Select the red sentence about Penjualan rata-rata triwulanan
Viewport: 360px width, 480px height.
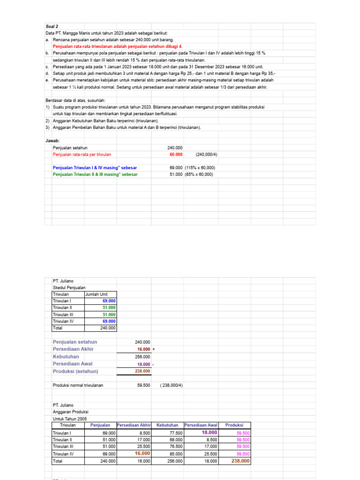(x=117, y=47)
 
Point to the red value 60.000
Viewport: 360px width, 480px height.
(x=176, y=154)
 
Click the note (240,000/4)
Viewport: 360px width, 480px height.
(x=207, y=154)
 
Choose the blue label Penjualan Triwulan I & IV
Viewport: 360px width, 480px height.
(x=95, y=167)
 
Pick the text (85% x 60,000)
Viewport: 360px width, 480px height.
(x=199, y=174)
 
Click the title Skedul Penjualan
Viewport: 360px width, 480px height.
(x=69, y=287)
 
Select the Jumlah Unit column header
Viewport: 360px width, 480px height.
(x=97, y=294)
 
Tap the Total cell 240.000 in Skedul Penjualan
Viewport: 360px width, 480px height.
(x=108, y=328)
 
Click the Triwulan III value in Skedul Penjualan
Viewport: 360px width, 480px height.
(x=109, y=315)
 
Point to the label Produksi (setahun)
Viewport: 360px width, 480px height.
(x=76, y=371)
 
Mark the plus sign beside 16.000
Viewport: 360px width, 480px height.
(x=154, y=349)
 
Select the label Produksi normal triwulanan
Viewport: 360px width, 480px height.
(x=78, y=385)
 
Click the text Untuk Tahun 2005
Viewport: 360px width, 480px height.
(x=70, y=418)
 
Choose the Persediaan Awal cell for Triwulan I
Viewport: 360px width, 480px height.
(x=210, y=433)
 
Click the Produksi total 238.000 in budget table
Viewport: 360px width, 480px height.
(x=240, y=461)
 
